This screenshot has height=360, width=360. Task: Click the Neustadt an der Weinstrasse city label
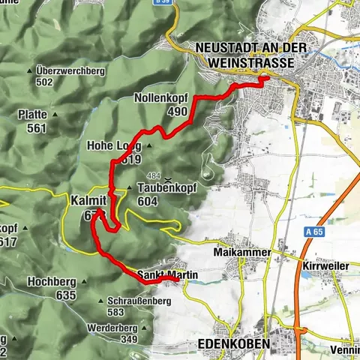coord(244,55)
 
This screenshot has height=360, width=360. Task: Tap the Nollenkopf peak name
coord(160,98)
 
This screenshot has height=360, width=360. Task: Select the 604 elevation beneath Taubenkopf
coord(149,201)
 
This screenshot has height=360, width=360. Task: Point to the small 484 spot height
coord(154,175)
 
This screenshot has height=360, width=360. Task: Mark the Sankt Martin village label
coord(167,276)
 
